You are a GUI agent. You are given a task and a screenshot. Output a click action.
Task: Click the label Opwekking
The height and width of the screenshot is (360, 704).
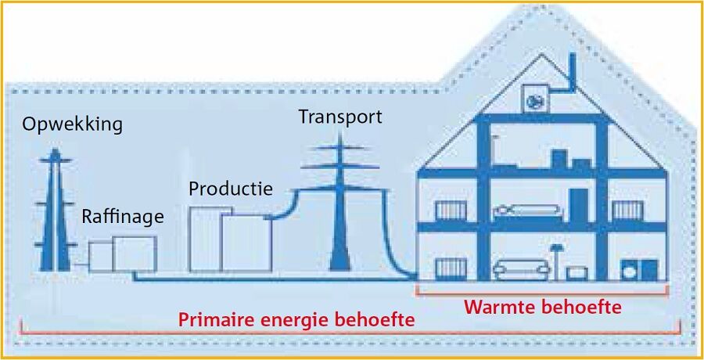[73, 124]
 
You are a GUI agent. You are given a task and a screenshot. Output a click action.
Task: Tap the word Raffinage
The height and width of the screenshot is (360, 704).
[123, 217]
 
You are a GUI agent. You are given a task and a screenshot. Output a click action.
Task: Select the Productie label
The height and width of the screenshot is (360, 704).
[231, 189]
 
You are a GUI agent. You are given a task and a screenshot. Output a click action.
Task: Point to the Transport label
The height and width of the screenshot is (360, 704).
[340, 117]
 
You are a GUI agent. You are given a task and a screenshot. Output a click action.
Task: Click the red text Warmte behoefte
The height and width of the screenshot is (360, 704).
[543, 307]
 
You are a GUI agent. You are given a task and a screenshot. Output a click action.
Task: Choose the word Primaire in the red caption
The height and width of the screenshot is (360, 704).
[214, 319]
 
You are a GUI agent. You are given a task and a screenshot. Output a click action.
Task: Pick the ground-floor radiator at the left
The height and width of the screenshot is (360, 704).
[451, 268]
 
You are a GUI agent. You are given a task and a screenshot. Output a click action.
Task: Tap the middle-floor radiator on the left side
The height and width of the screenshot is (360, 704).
[451, 211]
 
